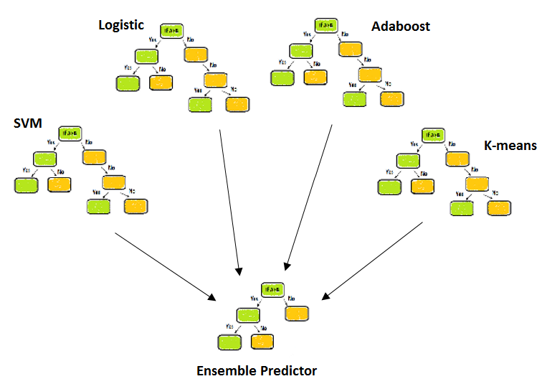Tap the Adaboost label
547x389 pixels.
pyautogui.click(x=401, y=27)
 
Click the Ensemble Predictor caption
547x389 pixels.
pyautogui.click(x=256, y=371)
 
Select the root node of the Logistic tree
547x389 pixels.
pyautogui.click(x=172, y=31)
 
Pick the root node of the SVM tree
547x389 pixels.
pyautogui.click(x=70, y=133)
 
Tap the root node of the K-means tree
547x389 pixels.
pyautogui.click(x=432, y=133)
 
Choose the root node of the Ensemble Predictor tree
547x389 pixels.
pyautogui.click(x=272, y=289)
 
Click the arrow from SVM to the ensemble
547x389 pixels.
pyautogui.click(x=165, y=267)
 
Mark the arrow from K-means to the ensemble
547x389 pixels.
pyautogui.click(x=373, y=260)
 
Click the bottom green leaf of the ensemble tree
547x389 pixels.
pyautogui.click(x=231, y=342)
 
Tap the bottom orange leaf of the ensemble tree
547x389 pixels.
pyautogui.click(x=263, y=342)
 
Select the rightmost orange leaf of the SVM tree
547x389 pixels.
pyautogui.click(x=135, y=207)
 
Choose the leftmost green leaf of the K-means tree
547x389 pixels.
pyautogui.click(x=389, y=187)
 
